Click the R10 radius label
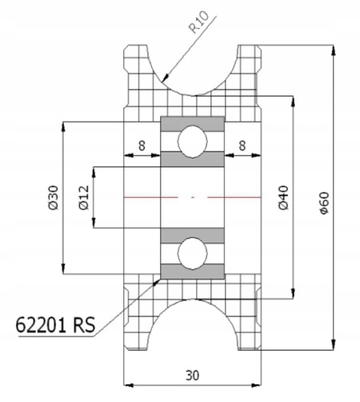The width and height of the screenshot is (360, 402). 199,23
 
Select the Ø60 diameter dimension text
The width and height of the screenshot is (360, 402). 325,203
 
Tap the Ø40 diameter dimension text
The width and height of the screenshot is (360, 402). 283,198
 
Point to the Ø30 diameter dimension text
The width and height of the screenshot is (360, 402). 54,198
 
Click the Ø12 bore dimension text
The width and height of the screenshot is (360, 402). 84,198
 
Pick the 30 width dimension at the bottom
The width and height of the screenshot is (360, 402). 192,376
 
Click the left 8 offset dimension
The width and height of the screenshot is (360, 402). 142,146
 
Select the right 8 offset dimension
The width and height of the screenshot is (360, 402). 242,146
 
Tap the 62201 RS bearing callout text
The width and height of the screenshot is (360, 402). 55,325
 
